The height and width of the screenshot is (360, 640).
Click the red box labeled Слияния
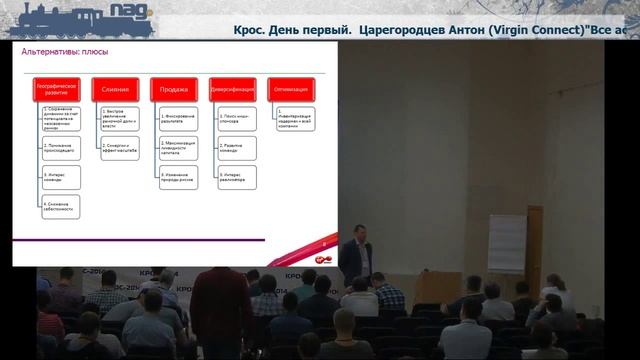click(115, 89)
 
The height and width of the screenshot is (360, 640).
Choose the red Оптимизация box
click(292, 89)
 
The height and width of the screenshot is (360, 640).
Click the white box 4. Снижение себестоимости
click(60, 207)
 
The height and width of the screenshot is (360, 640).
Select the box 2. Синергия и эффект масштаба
click(118, 147)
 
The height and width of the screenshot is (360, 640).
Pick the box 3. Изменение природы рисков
click(177, 178)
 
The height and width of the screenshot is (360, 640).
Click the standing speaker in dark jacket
click(356, 249)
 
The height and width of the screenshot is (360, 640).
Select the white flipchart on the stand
click(506, 241)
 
